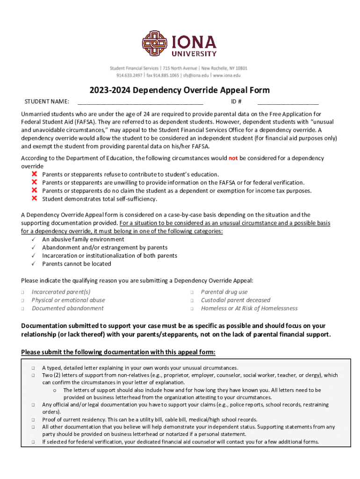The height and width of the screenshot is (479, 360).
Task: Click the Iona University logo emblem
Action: coord(155,43)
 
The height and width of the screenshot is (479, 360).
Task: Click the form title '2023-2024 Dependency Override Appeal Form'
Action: coord(180,90)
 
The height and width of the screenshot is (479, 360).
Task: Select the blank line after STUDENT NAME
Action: coord(140,102)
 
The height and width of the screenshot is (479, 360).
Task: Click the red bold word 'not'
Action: coord(233,158)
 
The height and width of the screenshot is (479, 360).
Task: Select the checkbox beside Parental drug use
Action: coord(192,292)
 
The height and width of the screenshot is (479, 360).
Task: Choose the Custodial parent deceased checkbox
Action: coord(192,300)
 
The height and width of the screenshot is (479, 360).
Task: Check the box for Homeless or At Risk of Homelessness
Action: coord(192,309)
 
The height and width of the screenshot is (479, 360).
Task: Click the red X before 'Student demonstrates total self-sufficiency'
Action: coord(34,198)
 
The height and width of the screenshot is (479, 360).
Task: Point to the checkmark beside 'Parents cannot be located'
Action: coord(34,264)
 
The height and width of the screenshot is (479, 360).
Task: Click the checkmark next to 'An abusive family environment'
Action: coord(34,239)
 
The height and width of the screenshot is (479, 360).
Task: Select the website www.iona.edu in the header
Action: coord(227,75)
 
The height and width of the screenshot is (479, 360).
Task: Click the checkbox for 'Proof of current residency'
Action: coord(34,420)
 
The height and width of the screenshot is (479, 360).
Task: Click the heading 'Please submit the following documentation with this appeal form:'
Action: coord(118,352)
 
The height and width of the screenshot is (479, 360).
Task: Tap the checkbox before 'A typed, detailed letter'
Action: coord(34,368)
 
